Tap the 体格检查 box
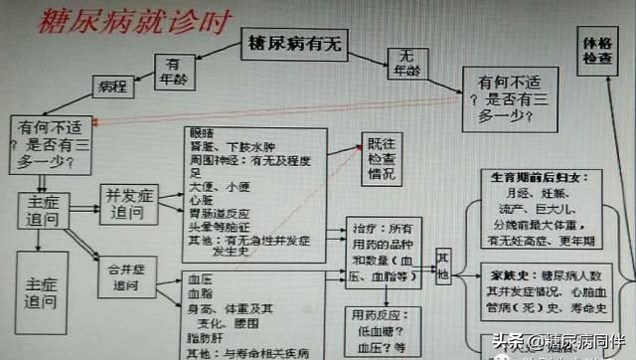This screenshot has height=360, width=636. (599, 54)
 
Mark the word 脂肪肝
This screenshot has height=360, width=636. (204, 338)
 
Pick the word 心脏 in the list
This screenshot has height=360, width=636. (201, 200)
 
